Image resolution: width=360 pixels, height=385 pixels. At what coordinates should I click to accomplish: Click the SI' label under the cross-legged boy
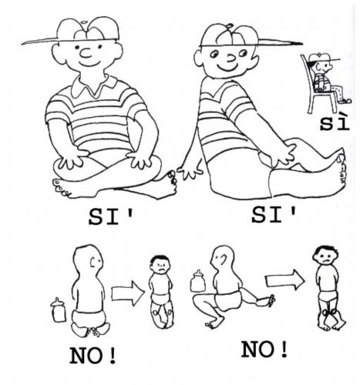point(111,217)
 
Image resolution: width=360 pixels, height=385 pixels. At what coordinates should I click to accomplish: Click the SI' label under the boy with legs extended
point(274,215)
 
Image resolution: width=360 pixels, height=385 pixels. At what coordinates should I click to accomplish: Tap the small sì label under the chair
point(335,123)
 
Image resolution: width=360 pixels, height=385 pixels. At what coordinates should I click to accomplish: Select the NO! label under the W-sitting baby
point(93,356)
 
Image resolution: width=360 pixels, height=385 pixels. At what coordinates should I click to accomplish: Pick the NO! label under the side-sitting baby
point(264,350)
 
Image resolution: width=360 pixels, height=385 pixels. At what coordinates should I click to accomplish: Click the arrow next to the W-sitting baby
point(128,293)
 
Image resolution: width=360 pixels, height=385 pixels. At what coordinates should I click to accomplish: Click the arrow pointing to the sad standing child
point(284,280)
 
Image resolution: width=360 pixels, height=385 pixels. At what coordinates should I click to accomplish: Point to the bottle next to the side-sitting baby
point(198,281)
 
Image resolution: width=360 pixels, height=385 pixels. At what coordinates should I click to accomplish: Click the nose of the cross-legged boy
point(86,53)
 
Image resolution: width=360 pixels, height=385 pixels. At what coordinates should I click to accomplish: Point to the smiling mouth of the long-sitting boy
point(227,68)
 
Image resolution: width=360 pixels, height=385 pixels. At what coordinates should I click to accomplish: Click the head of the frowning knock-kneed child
point(160,264)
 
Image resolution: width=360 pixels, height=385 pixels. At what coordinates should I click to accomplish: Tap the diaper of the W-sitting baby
point(89,318)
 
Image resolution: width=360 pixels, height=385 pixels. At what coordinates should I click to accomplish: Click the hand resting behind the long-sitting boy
point(190,172)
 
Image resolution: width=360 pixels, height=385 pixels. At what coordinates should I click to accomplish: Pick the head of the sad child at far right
point(325,256)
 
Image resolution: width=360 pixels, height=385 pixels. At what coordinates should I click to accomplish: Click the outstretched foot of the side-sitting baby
point(267,301)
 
